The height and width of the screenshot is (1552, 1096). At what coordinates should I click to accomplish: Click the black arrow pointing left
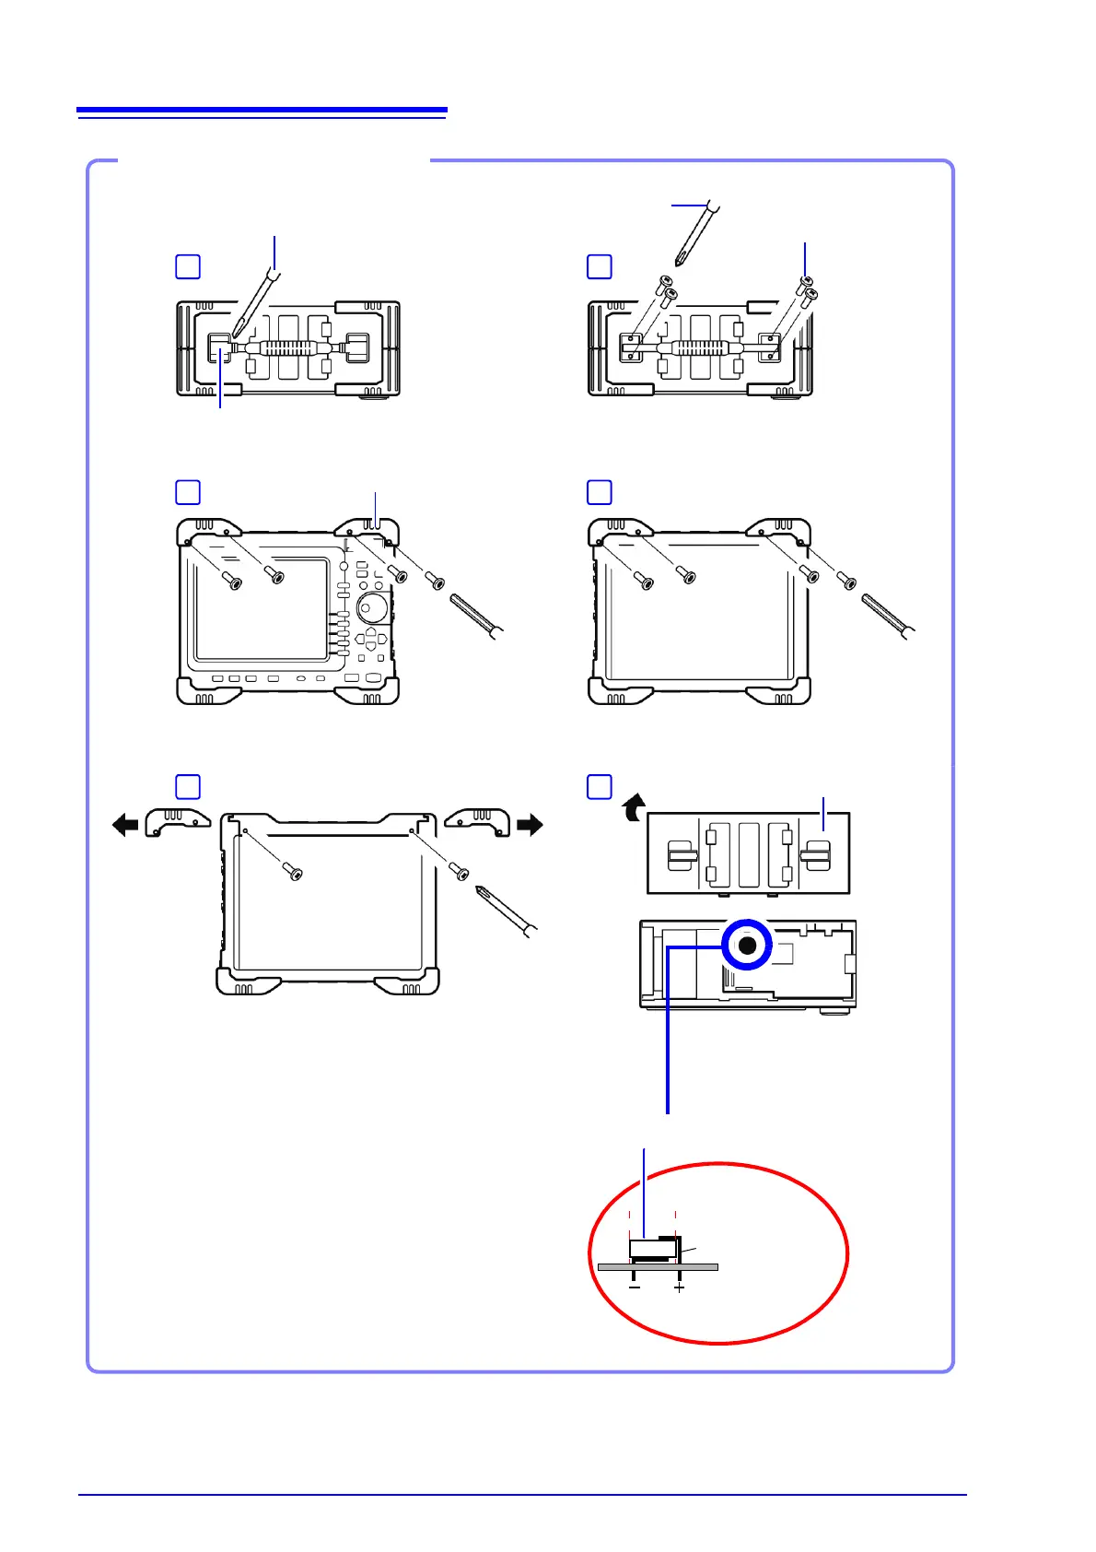(x=124, y=824)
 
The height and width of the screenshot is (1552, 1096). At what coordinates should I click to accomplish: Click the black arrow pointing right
(x=531, y=824)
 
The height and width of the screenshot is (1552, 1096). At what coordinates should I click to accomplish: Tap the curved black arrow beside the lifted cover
(x=632, y=808)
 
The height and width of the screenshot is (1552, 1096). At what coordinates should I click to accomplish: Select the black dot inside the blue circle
(x=747, y=946)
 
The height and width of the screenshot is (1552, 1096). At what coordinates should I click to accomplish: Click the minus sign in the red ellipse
(x=635, y=1287)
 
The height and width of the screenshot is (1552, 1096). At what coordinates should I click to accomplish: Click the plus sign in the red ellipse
(x=679, y=1287)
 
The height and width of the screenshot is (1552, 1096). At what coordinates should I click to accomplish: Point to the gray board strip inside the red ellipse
(x=658, y=1267)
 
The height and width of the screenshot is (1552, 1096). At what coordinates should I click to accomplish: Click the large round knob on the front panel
(x=372, y=609)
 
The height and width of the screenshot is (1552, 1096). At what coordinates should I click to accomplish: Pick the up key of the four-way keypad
(x=371, y=634)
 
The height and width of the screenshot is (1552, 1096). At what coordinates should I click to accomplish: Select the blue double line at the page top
(x=262, y=112)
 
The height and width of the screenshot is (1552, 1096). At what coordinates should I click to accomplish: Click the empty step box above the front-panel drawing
(x=188, y=492)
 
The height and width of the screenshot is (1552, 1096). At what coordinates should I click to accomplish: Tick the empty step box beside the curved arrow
(x=600, y=786)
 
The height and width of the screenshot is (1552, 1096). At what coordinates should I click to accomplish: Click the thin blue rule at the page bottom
(x=522, y=1495)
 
